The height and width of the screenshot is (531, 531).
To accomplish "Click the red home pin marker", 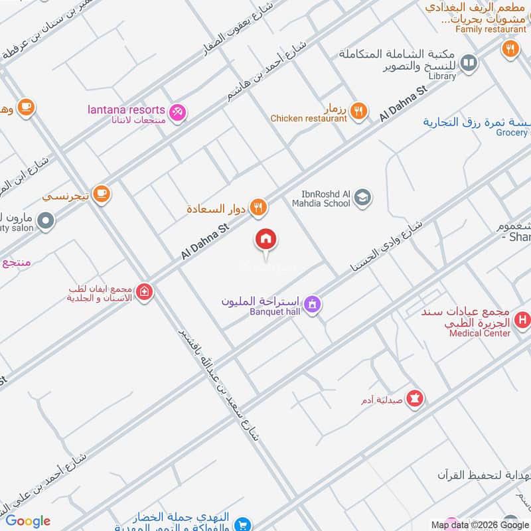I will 266,239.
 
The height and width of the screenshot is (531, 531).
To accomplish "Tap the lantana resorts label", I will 126,110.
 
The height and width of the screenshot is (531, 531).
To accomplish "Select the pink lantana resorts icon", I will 177,112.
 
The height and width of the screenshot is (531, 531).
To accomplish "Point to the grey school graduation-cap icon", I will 362,197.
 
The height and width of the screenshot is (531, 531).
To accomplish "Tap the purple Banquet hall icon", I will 313,305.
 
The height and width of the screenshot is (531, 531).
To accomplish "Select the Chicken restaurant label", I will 309,118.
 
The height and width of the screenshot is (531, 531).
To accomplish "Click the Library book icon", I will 469,62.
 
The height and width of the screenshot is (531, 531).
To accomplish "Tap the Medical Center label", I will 480,333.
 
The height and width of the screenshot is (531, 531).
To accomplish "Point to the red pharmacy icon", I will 416,398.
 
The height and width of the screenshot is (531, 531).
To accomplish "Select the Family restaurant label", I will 491,29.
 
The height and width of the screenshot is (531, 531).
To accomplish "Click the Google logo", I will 28,521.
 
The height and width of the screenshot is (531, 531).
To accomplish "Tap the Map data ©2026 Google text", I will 479,524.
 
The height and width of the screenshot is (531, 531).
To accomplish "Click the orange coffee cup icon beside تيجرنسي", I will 102,193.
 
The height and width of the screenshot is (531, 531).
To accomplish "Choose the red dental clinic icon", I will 144,291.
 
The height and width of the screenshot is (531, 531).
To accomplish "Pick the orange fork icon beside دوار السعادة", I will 258,208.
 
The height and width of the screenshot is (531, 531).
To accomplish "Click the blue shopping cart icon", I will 242,524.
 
